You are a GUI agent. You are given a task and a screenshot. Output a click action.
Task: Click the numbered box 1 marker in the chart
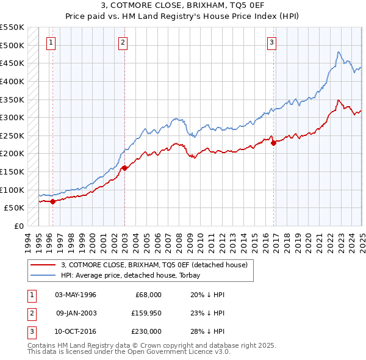tap(50, 42)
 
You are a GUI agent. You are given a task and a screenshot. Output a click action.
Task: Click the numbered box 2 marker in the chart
tap(123, 42)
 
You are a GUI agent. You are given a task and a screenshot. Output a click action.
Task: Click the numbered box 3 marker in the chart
tap(271, 42)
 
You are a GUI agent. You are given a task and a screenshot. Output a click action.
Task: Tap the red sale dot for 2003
tap(124, 168)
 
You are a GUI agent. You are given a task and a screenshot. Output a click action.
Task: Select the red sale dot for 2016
tap(273, 143)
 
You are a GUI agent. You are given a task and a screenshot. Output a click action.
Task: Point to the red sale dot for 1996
tap(52, 201)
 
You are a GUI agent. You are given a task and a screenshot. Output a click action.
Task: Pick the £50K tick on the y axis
tap(15, 208)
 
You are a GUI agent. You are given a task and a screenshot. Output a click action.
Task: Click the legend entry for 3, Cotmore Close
tap(154, 265)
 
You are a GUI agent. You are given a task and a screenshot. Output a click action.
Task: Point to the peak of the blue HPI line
tap(339, 52)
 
